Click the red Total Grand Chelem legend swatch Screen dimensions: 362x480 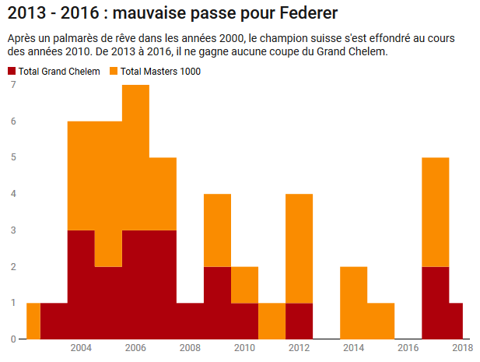coord(12,72)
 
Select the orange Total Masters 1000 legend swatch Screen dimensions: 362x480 coord(114,72)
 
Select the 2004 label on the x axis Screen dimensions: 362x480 coord(81,348)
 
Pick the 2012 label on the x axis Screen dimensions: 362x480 coord(299,348)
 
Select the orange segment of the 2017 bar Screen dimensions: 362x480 coord(435,212)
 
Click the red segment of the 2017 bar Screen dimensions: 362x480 coord(435,302)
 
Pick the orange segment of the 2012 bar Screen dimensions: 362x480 coord(299,248)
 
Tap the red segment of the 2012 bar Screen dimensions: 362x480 coord(299,321)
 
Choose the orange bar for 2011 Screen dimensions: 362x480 coord(272,321)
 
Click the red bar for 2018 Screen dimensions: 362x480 coord(456,321)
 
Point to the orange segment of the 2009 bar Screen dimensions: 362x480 coord(217,230)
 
